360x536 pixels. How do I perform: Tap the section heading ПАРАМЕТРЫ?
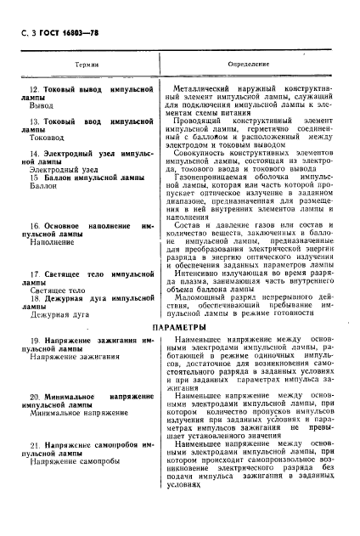pyautogui.click(x=179, y=327)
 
